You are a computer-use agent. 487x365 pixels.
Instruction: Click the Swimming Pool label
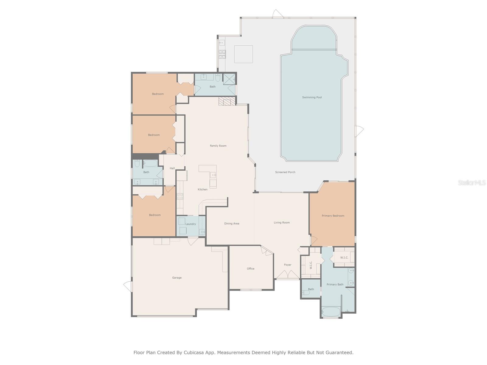point(312,97)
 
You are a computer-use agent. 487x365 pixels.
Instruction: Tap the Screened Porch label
point(285,172)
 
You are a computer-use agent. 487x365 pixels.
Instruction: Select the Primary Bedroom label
point(333,216)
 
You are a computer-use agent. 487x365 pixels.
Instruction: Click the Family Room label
point(218,146)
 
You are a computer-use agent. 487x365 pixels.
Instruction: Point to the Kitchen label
point(202,189)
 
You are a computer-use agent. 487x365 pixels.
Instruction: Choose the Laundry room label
point(191,224)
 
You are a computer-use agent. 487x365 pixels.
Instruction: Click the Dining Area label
point(232,224)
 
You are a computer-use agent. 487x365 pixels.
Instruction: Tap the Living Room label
point(282,223)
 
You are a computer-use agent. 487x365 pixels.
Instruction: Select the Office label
point(251,269)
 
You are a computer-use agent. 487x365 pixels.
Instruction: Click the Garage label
point(177,278)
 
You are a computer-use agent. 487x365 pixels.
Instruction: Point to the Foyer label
point(288,265)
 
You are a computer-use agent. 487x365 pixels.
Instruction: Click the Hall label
point(172,168)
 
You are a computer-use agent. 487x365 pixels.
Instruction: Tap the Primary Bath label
point(335,285)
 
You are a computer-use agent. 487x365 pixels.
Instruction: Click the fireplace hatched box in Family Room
point(227,101)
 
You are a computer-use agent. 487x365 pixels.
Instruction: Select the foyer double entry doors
point(287,275)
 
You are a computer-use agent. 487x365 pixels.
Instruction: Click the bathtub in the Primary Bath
point(331,312)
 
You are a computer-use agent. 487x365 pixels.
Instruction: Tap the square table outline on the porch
point(243,54)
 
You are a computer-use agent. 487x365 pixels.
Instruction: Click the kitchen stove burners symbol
point(180,196)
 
